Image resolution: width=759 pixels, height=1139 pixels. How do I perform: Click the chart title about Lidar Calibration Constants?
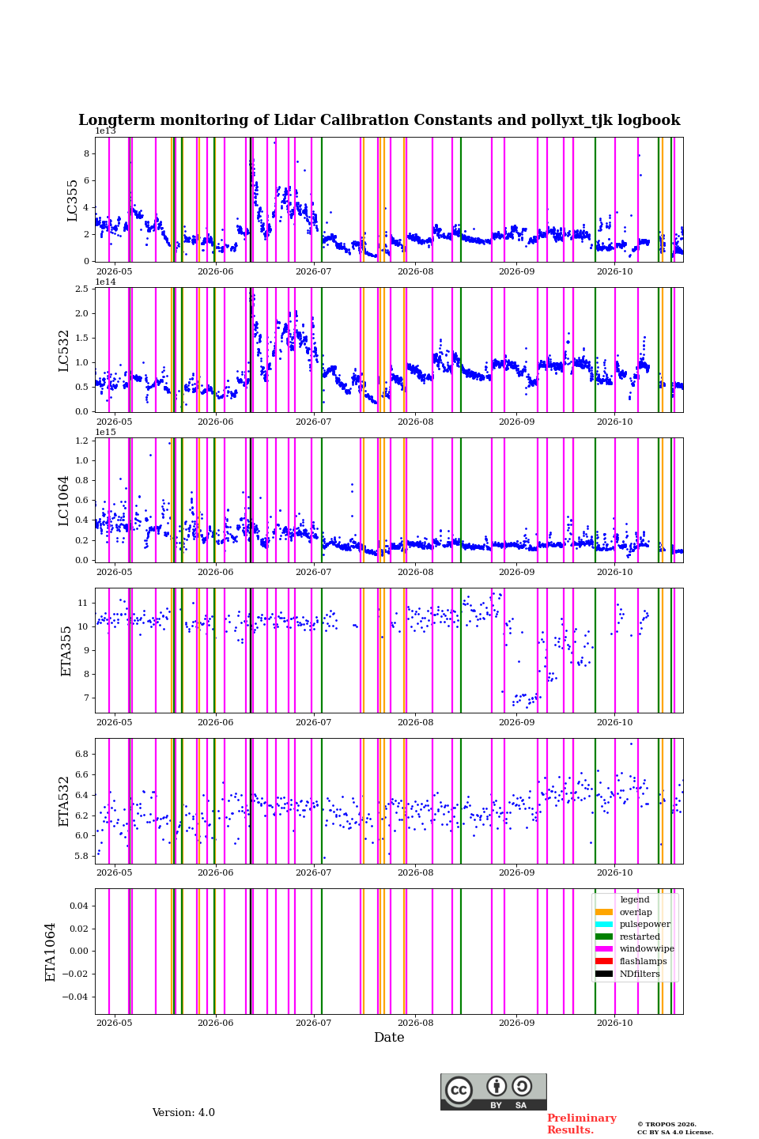[379, 120]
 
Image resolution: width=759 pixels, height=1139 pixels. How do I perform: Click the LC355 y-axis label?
[72, 200]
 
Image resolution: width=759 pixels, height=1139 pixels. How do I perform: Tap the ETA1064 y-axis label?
[51, 952]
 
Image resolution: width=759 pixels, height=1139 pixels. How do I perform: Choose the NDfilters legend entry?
[627, 974]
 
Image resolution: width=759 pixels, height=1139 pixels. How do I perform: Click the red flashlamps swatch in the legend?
[604, 961]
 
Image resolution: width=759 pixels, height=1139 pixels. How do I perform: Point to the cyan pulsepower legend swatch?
[604, 925]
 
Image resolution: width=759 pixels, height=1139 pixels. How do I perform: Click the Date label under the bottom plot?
[389, 1038]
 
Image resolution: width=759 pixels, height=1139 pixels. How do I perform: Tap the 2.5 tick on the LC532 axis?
[81, 289]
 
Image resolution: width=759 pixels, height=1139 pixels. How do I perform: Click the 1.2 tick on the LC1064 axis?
[81, 441]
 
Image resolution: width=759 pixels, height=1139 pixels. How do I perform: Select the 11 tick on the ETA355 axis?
[83, 603]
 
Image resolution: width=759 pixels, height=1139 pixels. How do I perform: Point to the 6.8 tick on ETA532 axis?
[81, 754]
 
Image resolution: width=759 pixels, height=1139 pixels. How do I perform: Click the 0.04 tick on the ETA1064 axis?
[79, 906]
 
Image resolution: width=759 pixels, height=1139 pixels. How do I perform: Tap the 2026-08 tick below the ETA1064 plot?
[415, 1023]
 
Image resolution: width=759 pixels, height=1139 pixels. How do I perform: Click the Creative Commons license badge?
[493, 1092]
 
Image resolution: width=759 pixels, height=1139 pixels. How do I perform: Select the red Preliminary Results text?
[582, 1124]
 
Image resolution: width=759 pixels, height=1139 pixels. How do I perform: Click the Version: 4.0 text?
[183, 1113]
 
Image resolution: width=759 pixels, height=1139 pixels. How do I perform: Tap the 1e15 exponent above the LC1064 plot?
[106, 432]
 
